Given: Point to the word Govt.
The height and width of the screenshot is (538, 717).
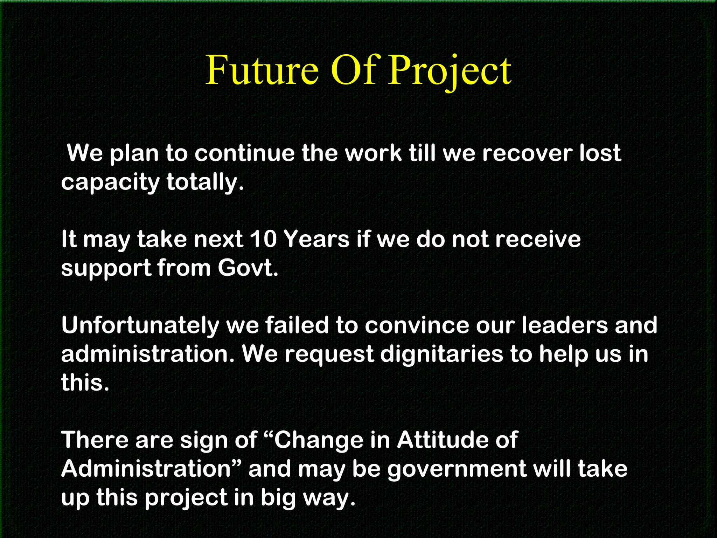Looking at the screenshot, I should click(248, 268).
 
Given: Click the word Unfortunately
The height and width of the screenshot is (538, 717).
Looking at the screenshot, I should click(140, 325).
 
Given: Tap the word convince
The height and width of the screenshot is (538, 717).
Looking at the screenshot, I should click(417, 325).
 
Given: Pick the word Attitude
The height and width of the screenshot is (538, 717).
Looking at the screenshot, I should click(457, 440).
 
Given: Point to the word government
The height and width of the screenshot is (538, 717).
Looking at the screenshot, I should click(457, 469).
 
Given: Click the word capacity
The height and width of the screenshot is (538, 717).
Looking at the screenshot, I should click(110, 182).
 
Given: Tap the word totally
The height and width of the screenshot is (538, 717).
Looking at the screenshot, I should click(205, 182).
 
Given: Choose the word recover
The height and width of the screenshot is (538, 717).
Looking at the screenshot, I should click(527, 153).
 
